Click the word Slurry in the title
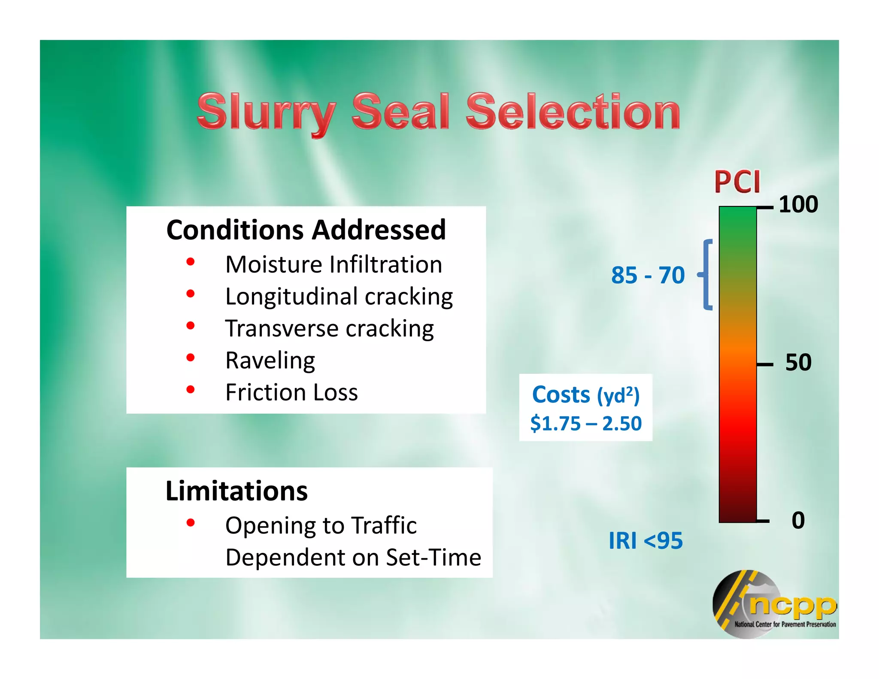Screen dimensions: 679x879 coord(266,112)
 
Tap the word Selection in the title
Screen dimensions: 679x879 coord(573,112)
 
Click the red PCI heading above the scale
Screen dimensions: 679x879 coord(737,182)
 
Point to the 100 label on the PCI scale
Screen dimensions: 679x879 coord(798,204)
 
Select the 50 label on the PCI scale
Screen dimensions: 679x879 coord(798,363)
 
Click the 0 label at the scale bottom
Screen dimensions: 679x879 coord(798,520)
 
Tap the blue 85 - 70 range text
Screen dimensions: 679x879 coord(647,275)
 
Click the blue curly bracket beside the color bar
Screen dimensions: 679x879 coord(706,275)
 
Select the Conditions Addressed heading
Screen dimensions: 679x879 coord(306,230)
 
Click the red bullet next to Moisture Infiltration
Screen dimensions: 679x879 coord(191,262)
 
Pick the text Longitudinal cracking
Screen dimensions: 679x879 coord(339,297)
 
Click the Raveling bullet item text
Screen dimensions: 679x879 coord(270,361)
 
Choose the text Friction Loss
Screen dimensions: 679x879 coord(291,392)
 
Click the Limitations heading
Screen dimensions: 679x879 coord(236,491)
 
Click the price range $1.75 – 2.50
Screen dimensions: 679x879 coord(585,424)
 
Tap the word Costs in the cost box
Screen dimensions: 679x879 coord(561,395)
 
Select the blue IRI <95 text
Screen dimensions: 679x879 coord(645,541)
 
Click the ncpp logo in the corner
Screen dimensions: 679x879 coord(773,604)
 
